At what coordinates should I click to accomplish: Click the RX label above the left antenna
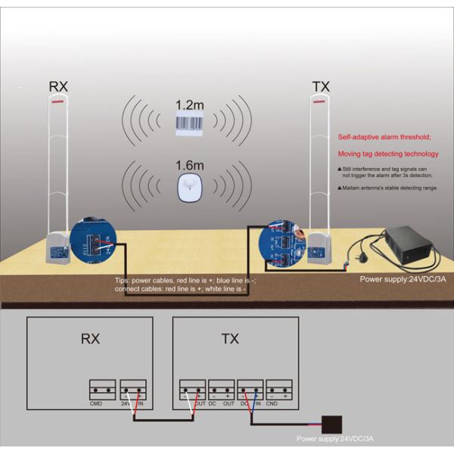(x=58, y=86)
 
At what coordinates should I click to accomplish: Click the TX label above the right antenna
(x=321, y=86)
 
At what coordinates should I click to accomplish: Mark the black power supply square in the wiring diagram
(x=330, y=423)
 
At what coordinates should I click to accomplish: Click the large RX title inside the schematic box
(x=90, y=339)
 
